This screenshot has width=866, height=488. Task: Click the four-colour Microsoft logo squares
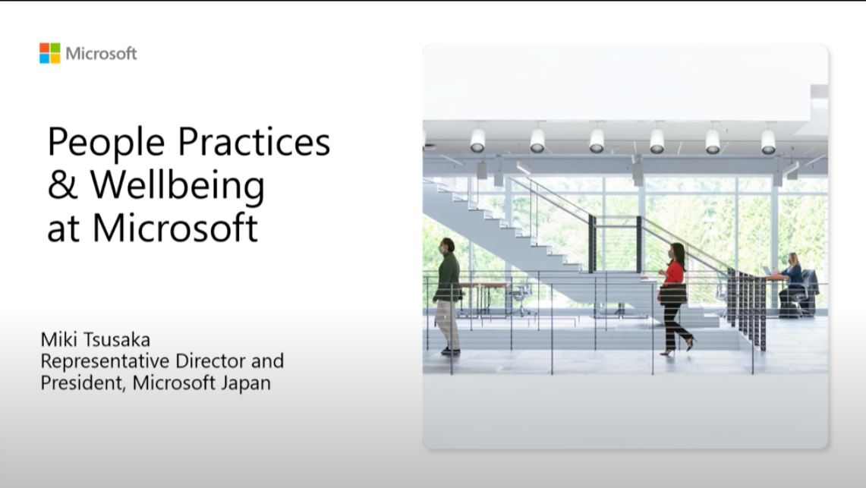click(x=49, y=54)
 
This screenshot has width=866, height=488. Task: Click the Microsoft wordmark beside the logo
click(x=101, y=54)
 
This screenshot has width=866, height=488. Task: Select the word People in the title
click(x=106, y=143)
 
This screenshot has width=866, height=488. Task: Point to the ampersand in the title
click(x=62, y=185)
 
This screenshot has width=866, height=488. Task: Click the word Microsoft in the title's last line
click(x=175, y=227)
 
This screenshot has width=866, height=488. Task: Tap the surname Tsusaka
click(x=115, y=339)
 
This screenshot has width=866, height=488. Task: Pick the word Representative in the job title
click(x=105, y=361)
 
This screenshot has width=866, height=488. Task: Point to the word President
click(x=83, y=383)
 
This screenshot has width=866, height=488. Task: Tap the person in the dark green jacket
click(x=448, y=296)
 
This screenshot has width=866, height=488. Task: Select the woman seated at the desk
click(x=792, y=282)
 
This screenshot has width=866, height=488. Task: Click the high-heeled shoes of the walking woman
click(x=679, y=348)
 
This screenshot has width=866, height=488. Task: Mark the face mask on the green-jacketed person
click(x=442, y=249)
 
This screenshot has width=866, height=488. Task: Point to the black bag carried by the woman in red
click(x=673, y=294)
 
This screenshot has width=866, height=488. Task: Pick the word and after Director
click(x=267, y=360)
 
